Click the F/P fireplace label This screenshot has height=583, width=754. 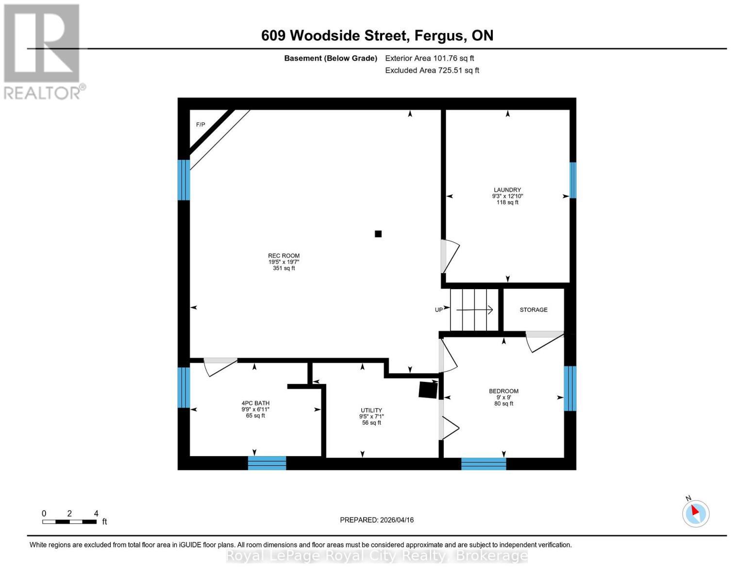point(201,125)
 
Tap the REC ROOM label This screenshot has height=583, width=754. point(284,256)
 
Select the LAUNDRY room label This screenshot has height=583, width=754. point(507,190)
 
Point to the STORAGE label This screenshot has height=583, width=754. point(534,309)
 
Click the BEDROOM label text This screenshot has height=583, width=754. point(503,391)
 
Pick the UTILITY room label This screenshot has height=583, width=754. point(371,410)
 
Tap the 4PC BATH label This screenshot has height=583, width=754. point(255,403)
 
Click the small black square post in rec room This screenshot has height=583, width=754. point(378,234)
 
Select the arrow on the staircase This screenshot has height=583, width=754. point(475,309)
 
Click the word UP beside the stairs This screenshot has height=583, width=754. point(439,310)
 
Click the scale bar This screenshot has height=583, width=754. point(69,522)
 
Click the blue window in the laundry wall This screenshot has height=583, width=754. point(573,180)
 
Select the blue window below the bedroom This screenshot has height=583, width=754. point(484,464)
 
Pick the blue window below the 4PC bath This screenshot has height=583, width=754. point(267,463)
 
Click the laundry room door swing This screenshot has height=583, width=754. point(450,256)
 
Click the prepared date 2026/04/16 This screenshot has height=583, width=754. point(377,520)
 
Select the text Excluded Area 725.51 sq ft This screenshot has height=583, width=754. point(432,70)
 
